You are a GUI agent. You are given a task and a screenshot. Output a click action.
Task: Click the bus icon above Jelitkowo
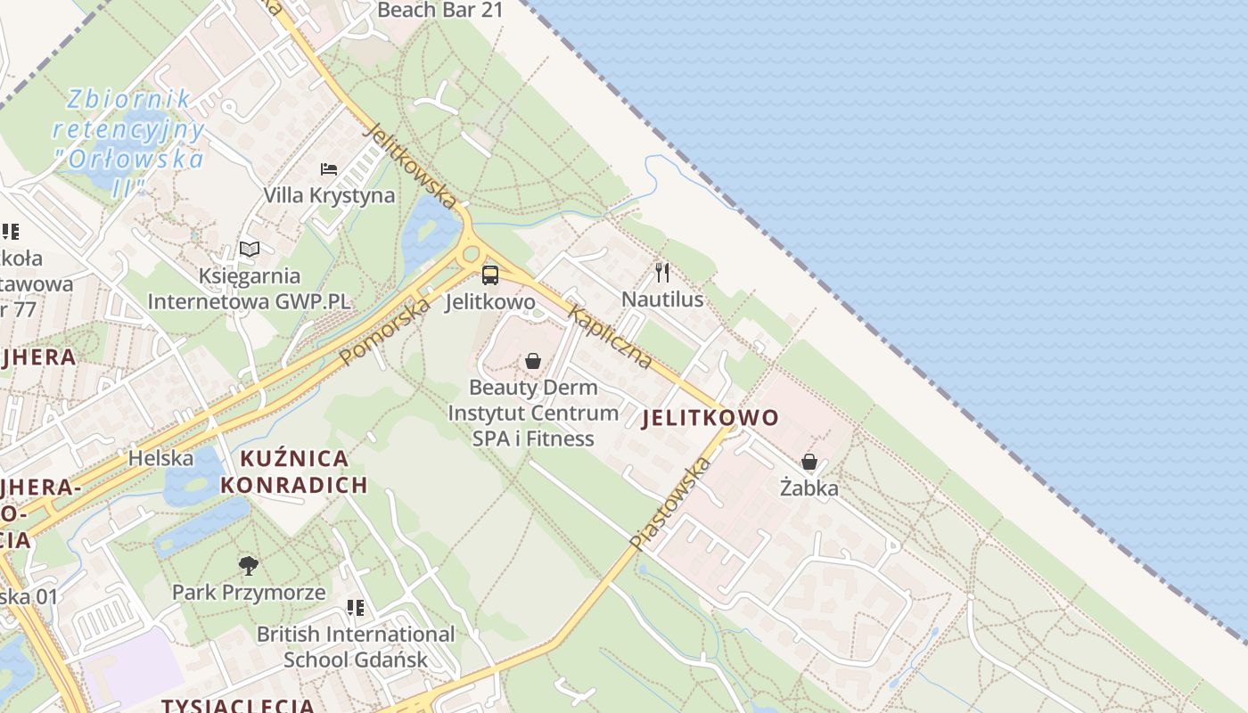[489, 275]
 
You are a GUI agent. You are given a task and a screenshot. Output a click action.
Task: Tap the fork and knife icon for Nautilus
[661, 272]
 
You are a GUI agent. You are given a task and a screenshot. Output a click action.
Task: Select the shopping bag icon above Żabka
[809, 462]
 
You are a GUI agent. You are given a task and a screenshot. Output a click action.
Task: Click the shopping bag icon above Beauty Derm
[532, 361]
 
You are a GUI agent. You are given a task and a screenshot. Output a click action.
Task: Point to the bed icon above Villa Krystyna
[329, 168]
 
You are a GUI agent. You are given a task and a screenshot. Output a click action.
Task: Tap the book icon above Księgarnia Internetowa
[250, 250]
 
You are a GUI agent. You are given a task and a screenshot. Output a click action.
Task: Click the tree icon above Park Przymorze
[249, 565]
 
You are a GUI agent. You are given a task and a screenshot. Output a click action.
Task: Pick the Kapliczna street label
[611, 338]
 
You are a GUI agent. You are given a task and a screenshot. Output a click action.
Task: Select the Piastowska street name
[670, 503]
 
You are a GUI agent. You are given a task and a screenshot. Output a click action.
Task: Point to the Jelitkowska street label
[411, 166]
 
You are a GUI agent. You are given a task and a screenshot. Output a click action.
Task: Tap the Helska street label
[161, 458]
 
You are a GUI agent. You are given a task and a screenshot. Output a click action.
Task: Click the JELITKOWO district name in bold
[710, 417]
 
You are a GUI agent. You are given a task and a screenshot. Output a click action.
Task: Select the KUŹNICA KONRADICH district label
[294, 472]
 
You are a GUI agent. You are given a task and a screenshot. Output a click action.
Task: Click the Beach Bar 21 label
[440, 11]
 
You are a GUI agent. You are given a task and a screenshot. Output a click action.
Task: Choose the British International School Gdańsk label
[356, 647]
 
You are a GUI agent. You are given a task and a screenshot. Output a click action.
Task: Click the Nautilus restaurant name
[662, 299]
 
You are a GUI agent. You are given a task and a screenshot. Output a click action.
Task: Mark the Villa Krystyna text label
[329, 195]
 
